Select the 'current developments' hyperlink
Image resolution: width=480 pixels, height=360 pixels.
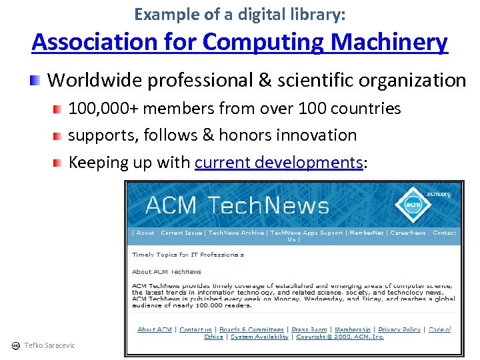coord(278,162)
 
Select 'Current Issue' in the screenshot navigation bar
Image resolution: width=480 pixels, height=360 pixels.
coord(181,233)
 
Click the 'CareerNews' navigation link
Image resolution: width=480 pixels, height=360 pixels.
coord(408,233)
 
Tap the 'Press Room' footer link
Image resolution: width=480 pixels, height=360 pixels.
coord(309,329)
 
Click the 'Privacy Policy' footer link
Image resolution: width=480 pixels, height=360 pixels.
coord(399,329)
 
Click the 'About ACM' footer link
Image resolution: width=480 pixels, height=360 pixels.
coord(154,329)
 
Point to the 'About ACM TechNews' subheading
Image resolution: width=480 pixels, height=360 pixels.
coord(167,272)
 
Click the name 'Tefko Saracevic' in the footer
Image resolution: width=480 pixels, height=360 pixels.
coord(49,345)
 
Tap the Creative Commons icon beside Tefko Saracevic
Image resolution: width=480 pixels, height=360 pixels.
coord(16,345)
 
